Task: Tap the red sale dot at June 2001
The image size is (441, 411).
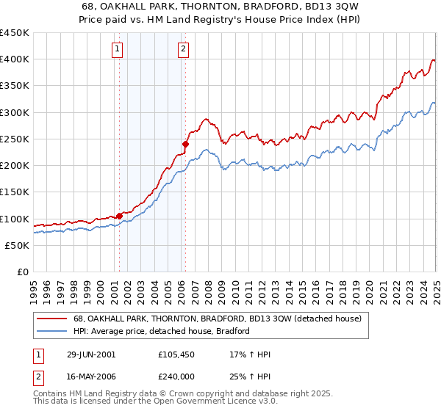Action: (119, 216)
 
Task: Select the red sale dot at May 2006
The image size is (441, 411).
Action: (185, 144)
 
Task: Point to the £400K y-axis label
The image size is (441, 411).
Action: (15, 59)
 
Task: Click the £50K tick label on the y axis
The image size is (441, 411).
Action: (18, 246)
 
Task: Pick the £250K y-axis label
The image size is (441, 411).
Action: (15, 139)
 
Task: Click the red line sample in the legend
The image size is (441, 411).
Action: (51, 319)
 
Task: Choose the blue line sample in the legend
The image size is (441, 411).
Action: (51, 331)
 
